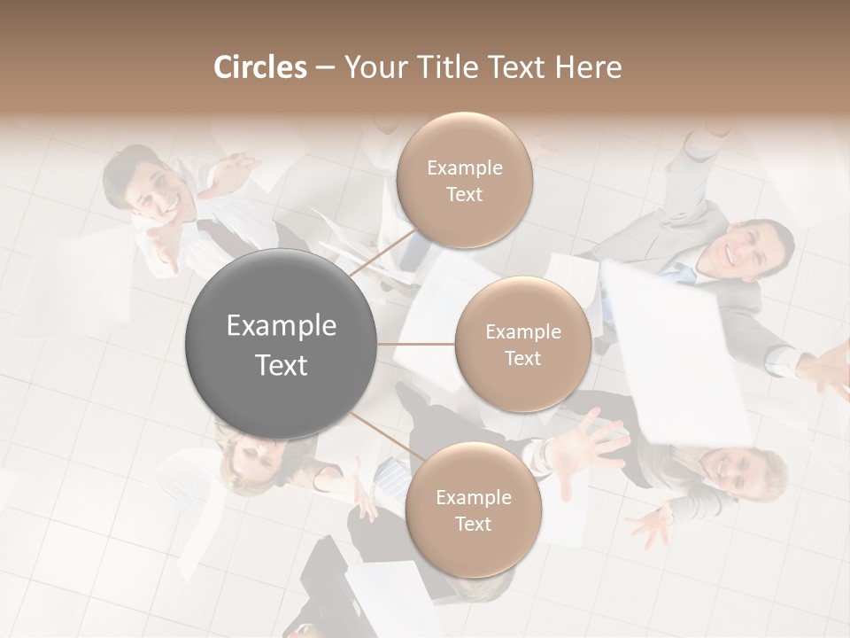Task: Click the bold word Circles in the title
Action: coord(259,67)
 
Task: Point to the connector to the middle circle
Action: coord(416,344)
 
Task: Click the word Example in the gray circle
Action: coord(282,325)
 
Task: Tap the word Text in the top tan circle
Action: coord(464,195)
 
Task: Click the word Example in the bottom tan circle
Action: coord(474,497)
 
